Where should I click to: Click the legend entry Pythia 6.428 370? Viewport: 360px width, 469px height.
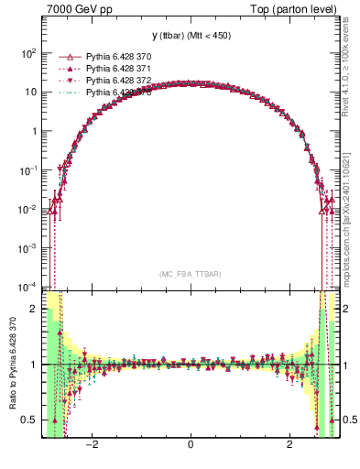[x=118, y=56]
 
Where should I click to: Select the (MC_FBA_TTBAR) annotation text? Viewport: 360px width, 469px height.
[x=190, y=274]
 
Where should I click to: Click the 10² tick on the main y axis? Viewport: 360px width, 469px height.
[x=29, y=53]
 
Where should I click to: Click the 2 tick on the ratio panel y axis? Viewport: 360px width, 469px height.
[x=34, y=309]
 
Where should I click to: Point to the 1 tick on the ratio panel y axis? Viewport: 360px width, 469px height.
[x=34, y=365]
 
